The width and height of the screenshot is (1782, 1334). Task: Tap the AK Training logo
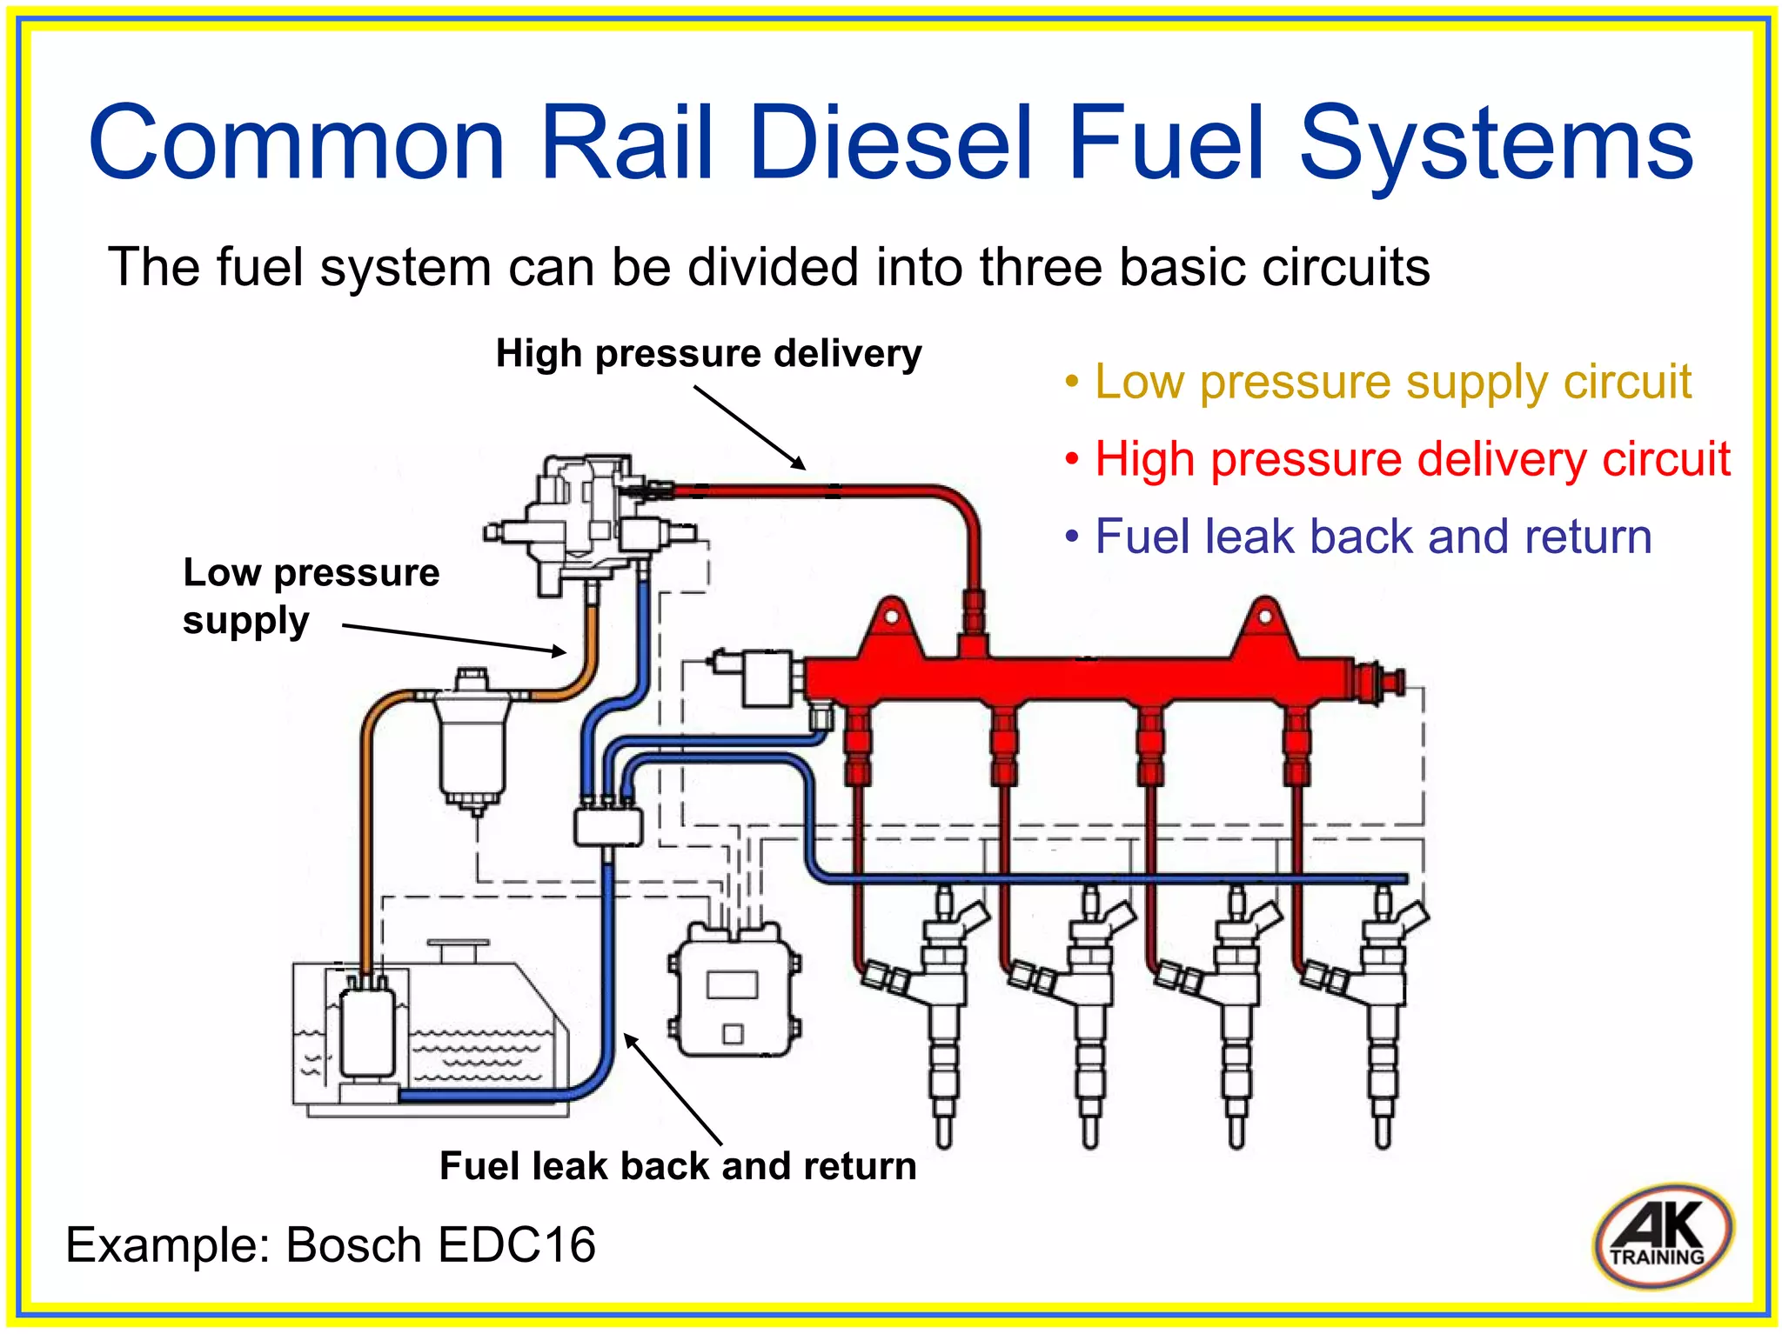(1663, 1236)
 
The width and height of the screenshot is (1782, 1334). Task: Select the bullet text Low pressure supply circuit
(1391, 383)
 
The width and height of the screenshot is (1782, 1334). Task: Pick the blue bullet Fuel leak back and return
(1372, 537)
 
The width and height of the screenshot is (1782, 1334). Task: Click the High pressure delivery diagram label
(708, 354)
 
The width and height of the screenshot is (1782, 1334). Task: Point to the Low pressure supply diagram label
(310, 596)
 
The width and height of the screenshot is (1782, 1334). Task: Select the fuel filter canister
(472, 739)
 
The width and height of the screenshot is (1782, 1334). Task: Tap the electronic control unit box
(734, 991)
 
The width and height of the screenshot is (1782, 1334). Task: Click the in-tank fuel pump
(368, 1035)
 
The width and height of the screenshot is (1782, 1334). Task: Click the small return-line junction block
(608, 825)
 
